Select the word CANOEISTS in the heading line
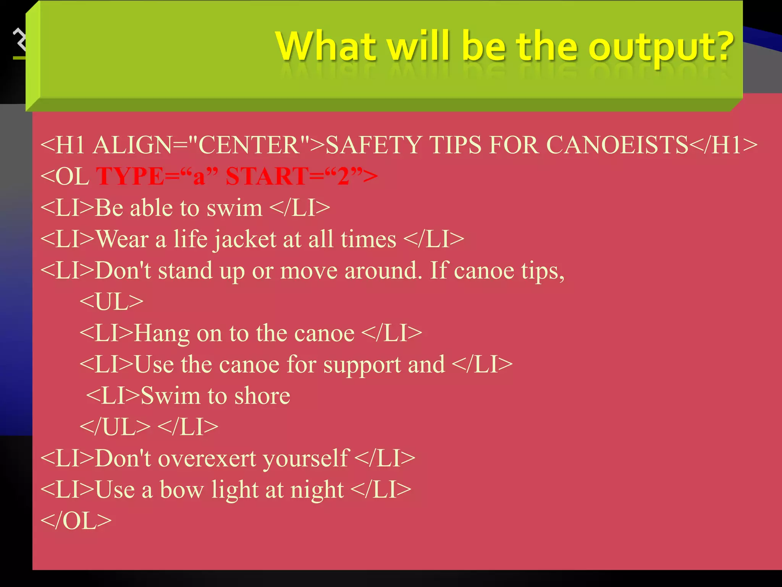(x=617, y=145)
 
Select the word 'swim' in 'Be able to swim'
(x=234, y=208)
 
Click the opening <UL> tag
(x=111, y=302)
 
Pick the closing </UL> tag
(x=115, y=427)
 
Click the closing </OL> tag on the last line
(x=76, y=521)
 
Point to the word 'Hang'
(x=162, y=333)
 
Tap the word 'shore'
(x=262, y=396)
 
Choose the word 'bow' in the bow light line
(x=181, y=490)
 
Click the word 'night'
(x=317, y=490)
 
